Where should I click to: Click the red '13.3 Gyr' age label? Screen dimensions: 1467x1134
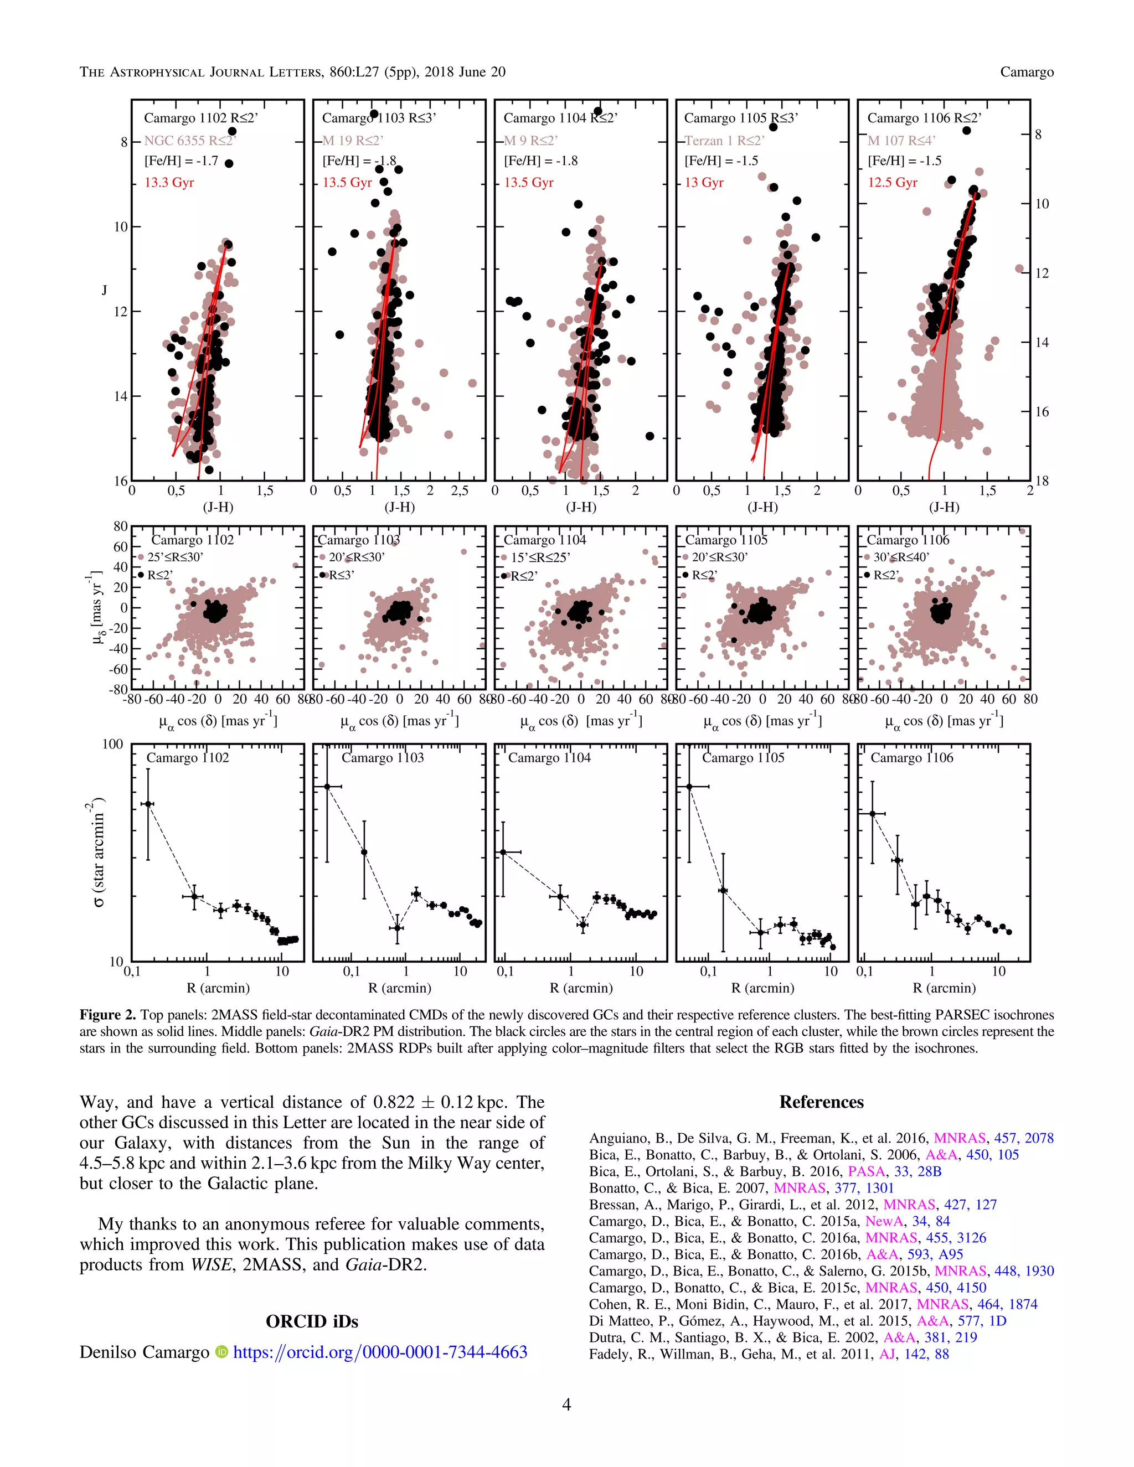click(169, 183)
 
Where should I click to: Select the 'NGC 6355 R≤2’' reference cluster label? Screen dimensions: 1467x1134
click(190, 141)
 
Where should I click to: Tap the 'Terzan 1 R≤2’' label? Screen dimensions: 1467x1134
click(724, 141)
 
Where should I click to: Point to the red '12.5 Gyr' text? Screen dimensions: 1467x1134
click(892, 183)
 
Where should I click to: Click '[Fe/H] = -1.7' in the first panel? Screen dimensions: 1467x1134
click(182, 161)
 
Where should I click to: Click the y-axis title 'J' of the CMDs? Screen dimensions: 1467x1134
click(104, 290)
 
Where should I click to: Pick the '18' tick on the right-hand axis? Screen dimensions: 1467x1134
click(1042, 481)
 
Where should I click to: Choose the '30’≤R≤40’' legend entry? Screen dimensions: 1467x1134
click(901, 557)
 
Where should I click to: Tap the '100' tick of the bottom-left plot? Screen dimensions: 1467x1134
click(113, 744)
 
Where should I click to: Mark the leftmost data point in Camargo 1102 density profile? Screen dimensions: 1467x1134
click(148, 804)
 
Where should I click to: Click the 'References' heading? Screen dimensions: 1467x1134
click(821, 1102)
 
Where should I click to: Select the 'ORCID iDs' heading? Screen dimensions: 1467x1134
click(312, 1321)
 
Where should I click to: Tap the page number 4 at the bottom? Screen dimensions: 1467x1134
click(566, 1404)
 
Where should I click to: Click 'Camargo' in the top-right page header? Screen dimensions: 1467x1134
click(1027, 72)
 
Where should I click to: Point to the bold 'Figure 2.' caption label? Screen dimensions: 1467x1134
click(107, 1015)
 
